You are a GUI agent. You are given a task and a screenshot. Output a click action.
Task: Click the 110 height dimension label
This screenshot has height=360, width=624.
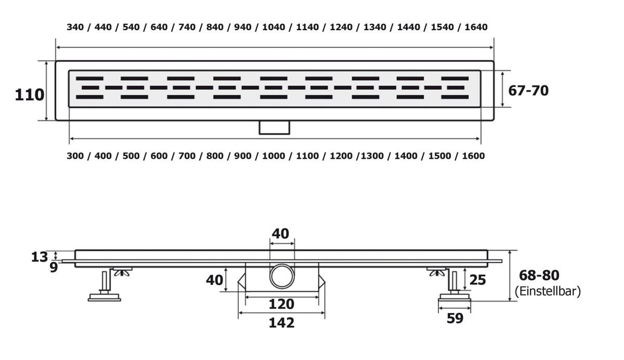[29, 95]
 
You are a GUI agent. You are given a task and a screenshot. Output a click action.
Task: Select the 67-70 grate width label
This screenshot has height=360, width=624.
[528, 91]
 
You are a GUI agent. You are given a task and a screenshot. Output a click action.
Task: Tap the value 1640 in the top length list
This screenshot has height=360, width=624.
[476, 27]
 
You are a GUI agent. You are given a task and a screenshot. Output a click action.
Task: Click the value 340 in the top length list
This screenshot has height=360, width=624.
[75, 27]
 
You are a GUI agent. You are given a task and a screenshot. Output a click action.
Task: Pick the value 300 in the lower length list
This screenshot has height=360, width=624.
[75, 156]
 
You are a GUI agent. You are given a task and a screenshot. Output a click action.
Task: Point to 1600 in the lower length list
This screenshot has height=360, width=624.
[473, 156]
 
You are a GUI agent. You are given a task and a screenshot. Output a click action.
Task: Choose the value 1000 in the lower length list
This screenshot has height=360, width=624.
[274, 156]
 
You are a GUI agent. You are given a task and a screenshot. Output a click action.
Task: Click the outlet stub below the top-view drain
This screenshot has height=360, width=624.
[275, 127]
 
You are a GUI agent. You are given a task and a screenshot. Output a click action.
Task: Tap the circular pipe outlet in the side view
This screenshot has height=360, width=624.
[282, 276]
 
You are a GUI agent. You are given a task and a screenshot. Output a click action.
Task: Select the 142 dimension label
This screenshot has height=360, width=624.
[281, 323]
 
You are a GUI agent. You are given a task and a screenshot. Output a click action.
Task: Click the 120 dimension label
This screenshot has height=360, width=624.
[281, 304]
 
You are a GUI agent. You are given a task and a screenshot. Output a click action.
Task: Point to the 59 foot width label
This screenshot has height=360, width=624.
[455, 318]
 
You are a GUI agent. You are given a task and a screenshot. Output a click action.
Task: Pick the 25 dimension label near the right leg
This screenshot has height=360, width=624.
[477, 280]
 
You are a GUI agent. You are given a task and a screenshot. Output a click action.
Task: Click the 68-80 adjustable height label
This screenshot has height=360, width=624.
[539, 275]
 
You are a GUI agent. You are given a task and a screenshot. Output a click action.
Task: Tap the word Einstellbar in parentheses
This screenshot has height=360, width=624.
[548, 291]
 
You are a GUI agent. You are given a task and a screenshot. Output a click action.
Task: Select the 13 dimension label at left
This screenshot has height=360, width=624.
[40, 257]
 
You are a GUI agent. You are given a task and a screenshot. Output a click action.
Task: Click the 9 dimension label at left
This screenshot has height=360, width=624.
[54, 267]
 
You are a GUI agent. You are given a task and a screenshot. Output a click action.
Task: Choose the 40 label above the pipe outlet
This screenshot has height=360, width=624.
[280, 234]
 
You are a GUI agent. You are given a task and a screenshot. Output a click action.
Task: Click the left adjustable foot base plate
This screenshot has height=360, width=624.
[104, 298]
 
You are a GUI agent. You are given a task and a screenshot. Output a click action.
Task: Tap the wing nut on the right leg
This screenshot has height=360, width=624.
[437, 272]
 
